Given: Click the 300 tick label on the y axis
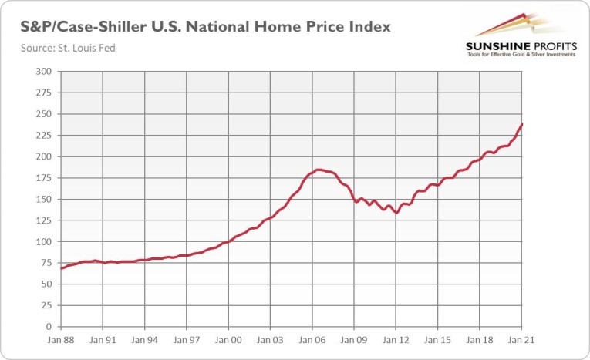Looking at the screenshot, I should tap(44, 72).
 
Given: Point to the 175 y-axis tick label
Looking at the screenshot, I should tap(44, 178).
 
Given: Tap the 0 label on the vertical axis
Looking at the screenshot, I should tap(49, 327).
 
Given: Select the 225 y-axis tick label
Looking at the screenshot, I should tap(44, 136).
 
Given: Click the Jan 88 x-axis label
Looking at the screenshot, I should tap(60, 339).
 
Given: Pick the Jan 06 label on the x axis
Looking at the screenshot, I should tap(312, 339).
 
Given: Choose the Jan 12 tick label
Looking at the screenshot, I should tap(396, 339).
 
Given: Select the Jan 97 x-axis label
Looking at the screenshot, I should tap(186, 339).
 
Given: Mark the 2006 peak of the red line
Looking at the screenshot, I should tap(319, 170).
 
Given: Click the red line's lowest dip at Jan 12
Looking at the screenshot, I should tap(396, 213).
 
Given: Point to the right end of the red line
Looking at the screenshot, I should tap(523, 123).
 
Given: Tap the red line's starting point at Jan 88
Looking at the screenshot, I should tap(60, 268).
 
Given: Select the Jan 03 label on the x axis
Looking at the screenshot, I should tap(270, 339).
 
